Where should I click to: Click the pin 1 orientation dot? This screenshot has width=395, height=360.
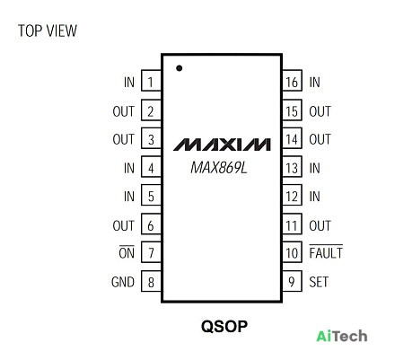[x=179, y=68]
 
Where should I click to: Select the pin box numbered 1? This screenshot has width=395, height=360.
[x=151, y=81]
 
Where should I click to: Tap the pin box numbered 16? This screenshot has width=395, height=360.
[x=292, y=81]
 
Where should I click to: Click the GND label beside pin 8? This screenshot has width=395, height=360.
[x=123, y=282]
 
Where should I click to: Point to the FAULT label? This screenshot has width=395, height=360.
[x=326, y=253]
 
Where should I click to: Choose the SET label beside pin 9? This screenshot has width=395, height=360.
[x=319, y=282]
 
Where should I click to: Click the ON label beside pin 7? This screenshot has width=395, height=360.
[x=127, y=253]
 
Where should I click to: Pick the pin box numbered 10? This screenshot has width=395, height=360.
[x=292, y=253]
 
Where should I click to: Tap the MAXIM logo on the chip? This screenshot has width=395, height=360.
[x=222, y=145]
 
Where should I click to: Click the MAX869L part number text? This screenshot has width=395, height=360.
[x=219, y=168]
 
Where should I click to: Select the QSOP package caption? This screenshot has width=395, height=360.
[x=224, y=326]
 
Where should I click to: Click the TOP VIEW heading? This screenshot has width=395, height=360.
[x=48, y=31]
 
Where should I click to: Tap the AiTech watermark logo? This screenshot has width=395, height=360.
[x=342, y=336]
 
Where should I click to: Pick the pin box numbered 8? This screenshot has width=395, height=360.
[x=151, y=282]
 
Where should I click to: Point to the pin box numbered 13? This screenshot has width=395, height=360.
[x=292, y=167]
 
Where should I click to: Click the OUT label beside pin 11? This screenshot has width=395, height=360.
[x=320, y=225]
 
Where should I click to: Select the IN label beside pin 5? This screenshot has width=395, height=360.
[x=129, y=197]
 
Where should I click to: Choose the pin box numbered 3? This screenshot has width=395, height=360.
[x=151, y=138]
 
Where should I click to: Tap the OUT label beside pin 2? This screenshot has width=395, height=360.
[x=124, y=111]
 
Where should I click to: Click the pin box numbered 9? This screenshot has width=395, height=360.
[x=292, y=282]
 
